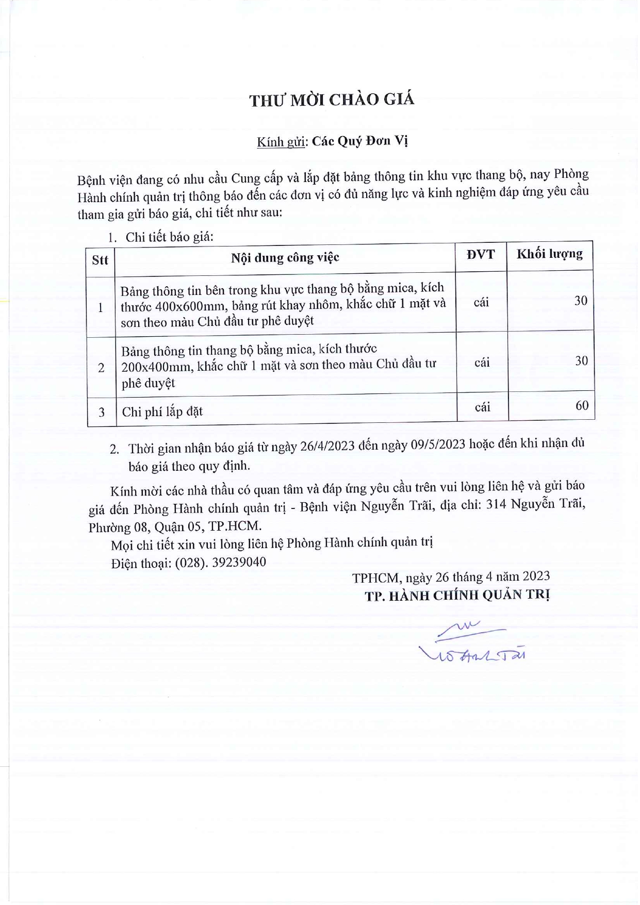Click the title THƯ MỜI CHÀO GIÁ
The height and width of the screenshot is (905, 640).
332,100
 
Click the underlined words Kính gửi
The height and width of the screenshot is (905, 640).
282,142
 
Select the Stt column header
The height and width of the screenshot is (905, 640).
100,260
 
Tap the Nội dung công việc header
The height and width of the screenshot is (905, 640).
285,257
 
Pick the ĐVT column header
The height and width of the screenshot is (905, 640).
480,254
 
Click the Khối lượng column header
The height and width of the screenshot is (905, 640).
549,254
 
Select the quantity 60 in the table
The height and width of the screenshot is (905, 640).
582,405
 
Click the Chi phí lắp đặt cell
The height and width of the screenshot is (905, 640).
162,412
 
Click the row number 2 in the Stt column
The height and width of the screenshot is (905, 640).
101,368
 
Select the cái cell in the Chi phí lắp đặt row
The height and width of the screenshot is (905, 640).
482,407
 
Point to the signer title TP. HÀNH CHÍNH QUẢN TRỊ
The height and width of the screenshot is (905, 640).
457,595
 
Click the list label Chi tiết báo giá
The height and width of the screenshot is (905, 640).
169,237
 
